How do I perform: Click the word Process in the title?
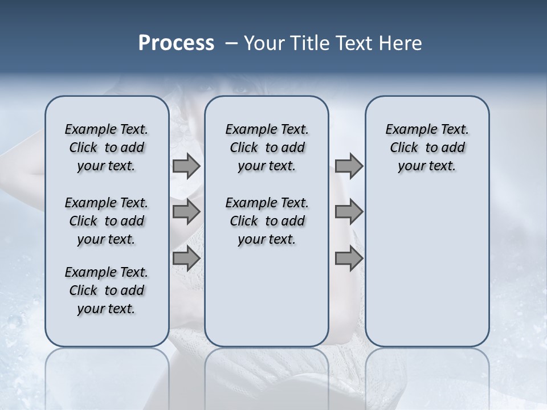pyautogui.click(x=176, y=43)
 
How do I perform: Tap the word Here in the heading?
pyautogui.click(x=401, y=43)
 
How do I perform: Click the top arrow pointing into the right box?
pyautogui.click(x=348, y=166)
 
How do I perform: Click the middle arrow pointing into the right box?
pyautogui.click(x=348, y=212)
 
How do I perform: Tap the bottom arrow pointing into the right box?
pyautogui.click(x=348, y=259)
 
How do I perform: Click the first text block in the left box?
pyautogui.click(x=107, y=147)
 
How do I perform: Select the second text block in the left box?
pyautogui.click(x=107, y=221)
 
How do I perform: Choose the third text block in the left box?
pyautogui.click(x=107, y=290)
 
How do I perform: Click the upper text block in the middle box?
pyautogui.click(x=267, y=147)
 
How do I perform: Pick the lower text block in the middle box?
pyautogui.click(x=267, y=221)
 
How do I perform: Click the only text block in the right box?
pyautogui.click(x=427, y=147)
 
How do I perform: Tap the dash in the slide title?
pyautogui.click(x=231, y=43)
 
